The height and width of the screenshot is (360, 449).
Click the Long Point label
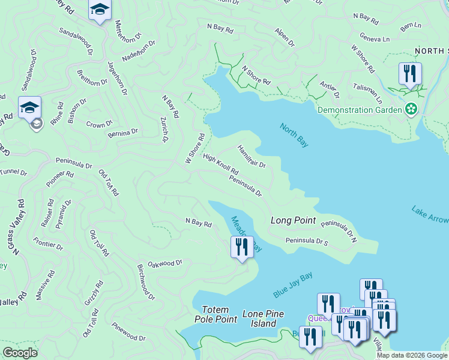coord(293,220)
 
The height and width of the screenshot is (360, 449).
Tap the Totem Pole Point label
coord(219,314)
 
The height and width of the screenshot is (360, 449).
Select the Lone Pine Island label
coord(263,319)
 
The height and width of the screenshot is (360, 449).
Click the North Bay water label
coord(294,135)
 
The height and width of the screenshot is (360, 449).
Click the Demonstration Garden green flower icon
coord(412,109)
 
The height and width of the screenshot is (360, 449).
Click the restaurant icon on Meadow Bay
coord(242,247)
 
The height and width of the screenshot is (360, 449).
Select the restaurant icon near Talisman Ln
coord(410,74)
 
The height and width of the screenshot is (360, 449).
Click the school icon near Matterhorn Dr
coord(100,9)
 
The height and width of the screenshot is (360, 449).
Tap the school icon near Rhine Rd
coord(29,107)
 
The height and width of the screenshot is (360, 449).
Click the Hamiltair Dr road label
coord(251,156)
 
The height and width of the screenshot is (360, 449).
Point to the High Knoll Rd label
coord(220,166)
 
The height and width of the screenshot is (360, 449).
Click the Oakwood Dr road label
coord(165,263)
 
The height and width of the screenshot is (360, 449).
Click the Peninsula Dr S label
coord(307,242)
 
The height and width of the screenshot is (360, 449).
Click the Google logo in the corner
coord(20,353)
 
